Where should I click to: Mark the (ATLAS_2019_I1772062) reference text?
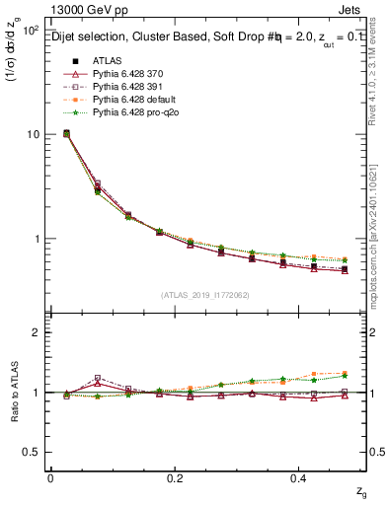click(x=205, y=295)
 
